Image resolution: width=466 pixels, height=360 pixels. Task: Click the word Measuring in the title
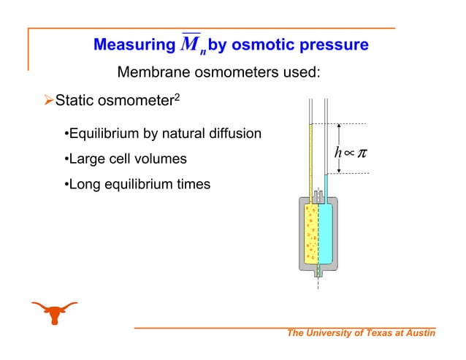coord(130,45)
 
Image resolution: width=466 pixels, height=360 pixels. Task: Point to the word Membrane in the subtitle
coord(152,73)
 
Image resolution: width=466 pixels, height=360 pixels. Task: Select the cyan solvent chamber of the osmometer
coord(326,234)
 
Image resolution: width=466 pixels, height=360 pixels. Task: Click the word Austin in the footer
coord(418,334)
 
